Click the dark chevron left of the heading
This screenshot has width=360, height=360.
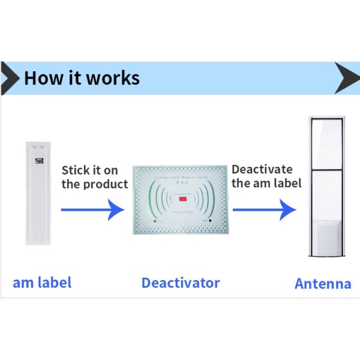[x=8, y=78]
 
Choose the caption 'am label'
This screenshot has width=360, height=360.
[x=42, y=283]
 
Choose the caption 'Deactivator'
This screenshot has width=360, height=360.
[x=181, y=283]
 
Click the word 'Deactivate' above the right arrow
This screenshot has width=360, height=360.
[x=262, y=170]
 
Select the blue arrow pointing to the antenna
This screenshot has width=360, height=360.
[x=264, y=210]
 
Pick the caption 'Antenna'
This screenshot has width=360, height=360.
[x=323, y=284]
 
